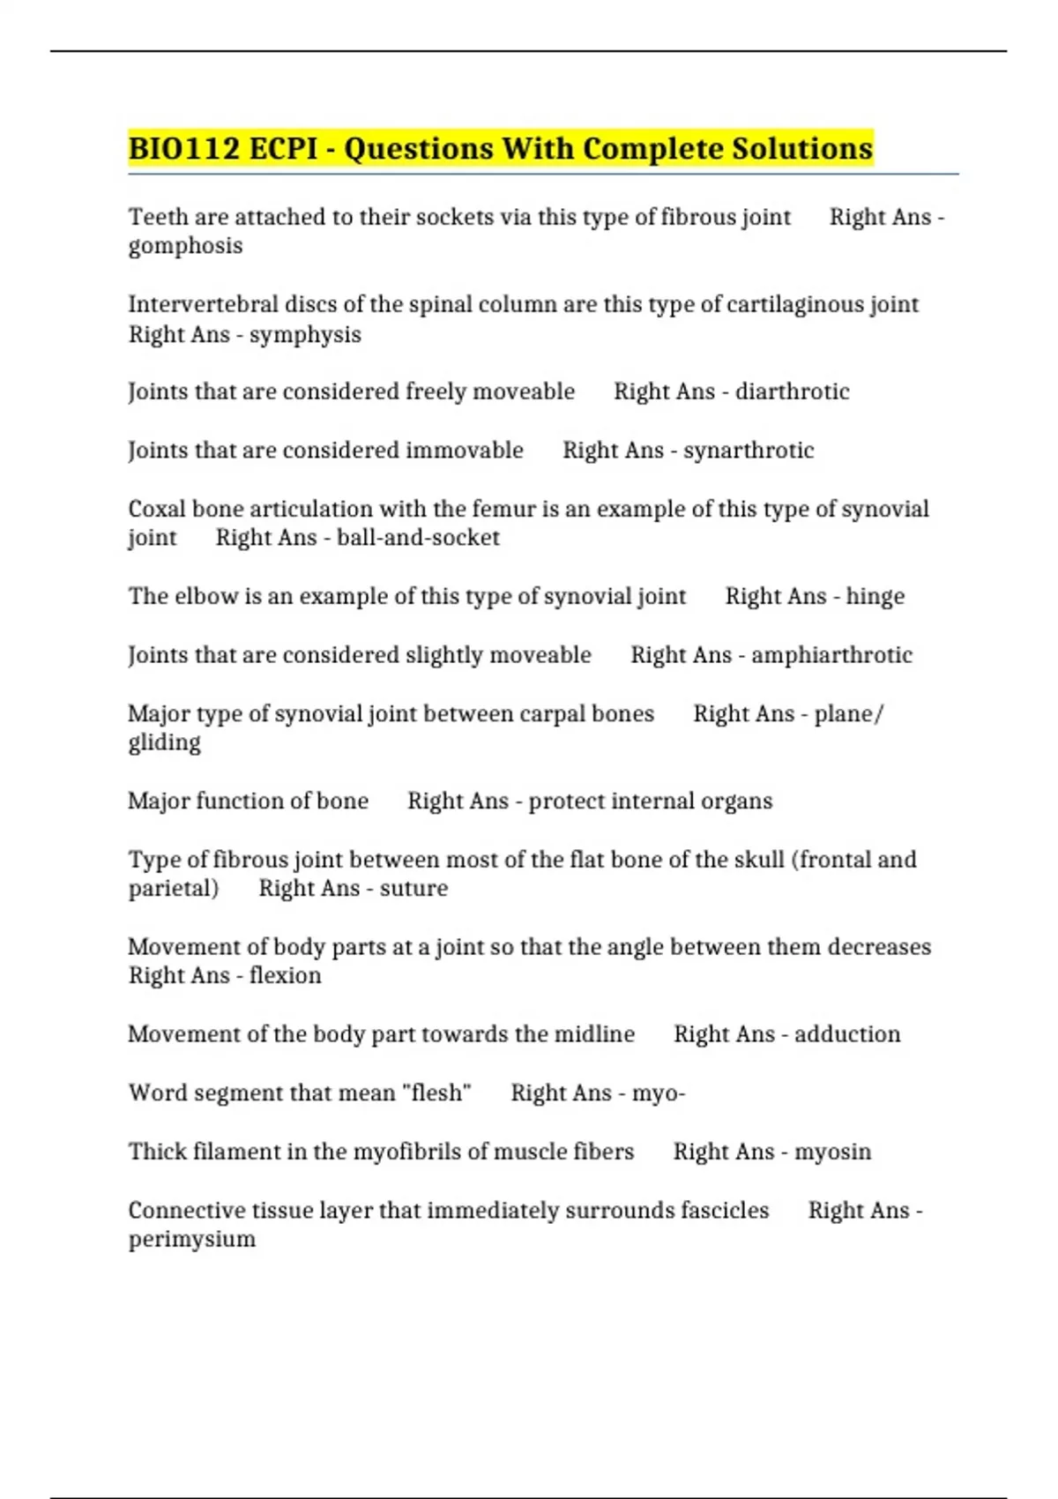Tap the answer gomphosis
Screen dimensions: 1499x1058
coord(185,246)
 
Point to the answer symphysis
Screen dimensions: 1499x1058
coord(305,335)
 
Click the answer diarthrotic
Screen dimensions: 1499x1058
coord(792,392)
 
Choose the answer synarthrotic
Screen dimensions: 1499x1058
coord(749,451)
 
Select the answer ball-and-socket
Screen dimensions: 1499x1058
coord(418,538)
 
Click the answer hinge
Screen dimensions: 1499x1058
coord(875,597)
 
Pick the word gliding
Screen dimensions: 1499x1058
coord(164,742)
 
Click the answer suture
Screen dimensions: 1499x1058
coord(414,888)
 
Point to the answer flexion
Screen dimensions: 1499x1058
coord(285,975)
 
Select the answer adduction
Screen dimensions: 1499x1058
coord(847,1034)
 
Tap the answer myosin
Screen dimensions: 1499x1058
coord(832,1152)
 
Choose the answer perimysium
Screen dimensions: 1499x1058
coord(192,1239)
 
